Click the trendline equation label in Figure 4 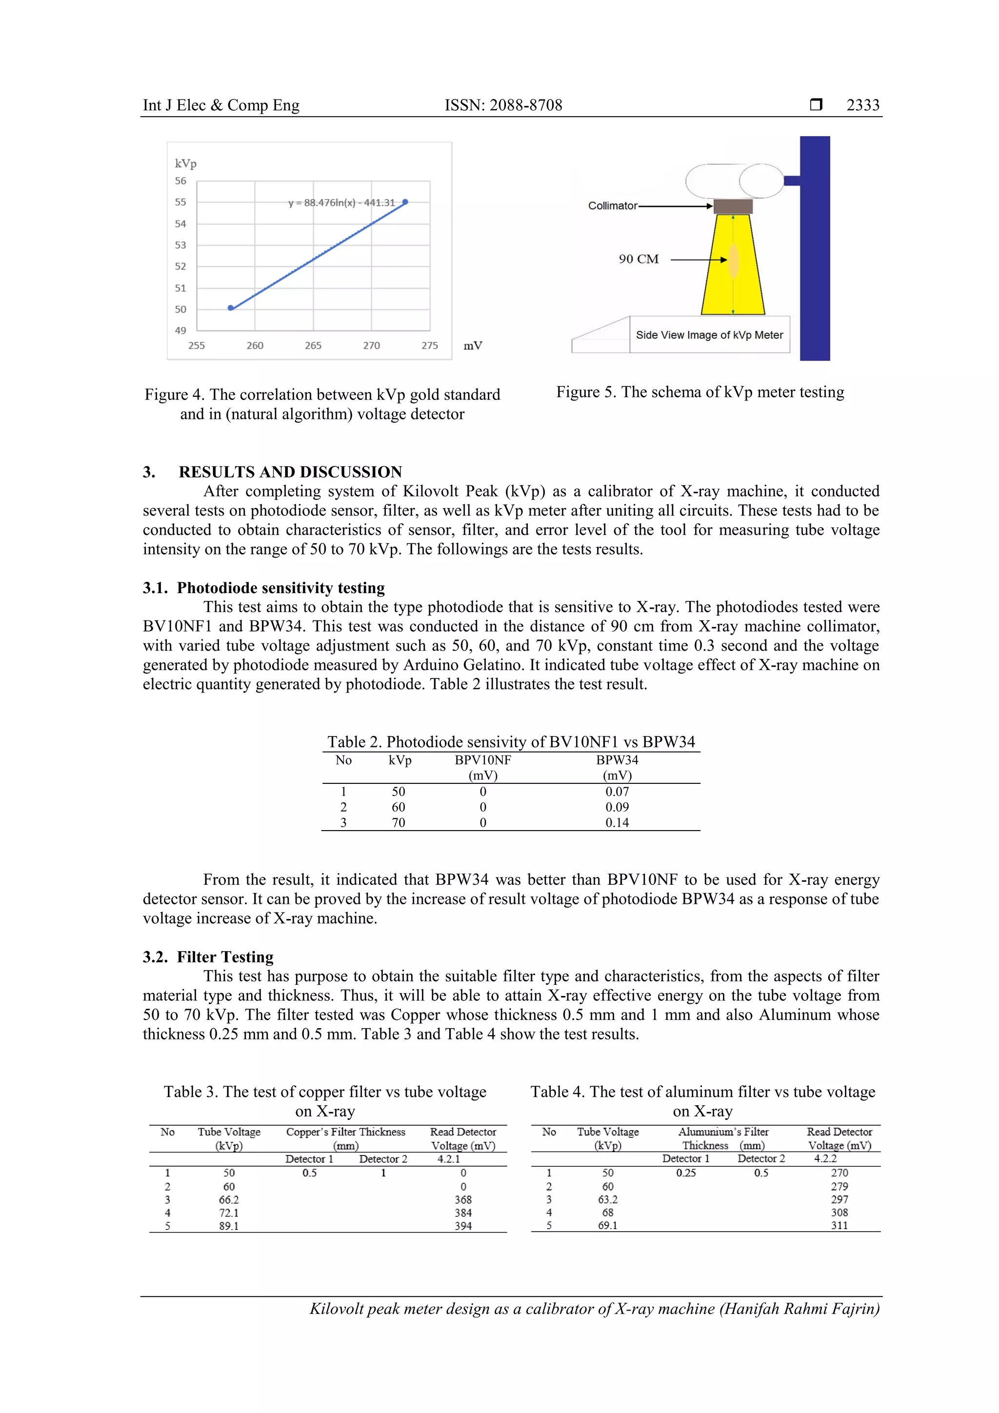(x=341, y=202)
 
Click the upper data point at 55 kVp (x=405, y=202)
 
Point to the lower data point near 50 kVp (x=231, y=308)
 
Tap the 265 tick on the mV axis (x=313, y=345)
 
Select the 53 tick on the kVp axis (x=180, y=245)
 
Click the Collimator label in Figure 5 (x=613, y=205)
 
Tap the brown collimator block (x=733, y=206)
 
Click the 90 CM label (x=639, y=259)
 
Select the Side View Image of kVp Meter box (x=709, y=335)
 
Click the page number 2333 (x=862, y=105)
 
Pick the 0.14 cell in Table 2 (x=617, y=822)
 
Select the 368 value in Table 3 (x=463, y=1199)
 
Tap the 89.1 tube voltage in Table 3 (x=229, y=1226)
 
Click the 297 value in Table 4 (x=839, y=1199)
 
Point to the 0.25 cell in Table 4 (x=686, y=1173)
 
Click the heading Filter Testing (x=225, y=957)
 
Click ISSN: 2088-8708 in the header (x=503, y=105)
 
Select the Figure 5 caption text (x=700, y=392)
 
